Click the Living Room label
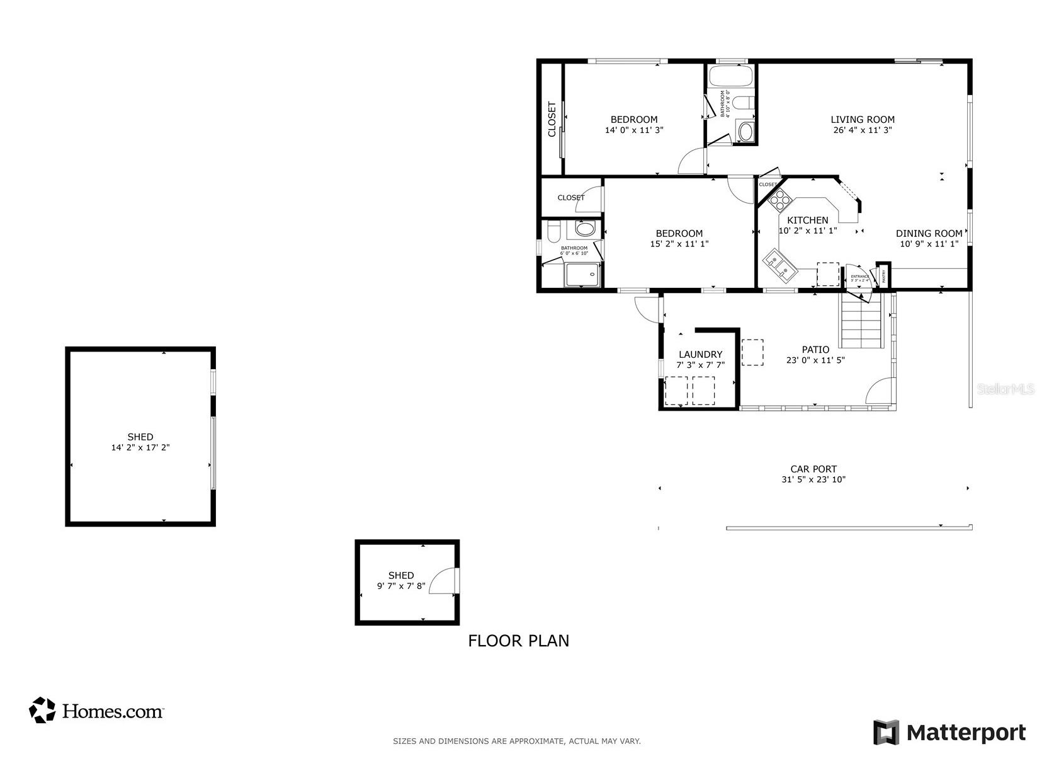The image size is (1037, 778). click(x=862, y=119)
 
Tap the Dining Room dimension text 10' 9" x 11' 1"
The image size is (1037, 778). click(x=929, y=244)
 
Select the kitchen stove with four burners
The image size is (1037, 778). click(x=779, y=200)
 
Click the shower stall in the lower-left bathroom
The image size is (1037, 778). click(x=584, y=275)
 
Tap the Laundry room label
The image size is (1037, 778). click(x=700, y=354)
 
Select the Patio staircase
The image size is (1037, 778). click(x=862, y=323)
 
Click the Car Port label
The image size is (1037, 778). click(x=813, y=469)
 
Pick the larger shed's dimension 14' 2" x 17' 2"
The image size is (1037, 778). click(x=140, y=447)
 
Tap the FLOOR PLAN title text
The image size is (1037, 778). click(x=518, y=641)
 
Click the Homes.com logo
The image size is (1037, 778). click(x=96, y=711)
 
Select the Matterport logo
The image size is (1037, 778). click(x=949, y=732)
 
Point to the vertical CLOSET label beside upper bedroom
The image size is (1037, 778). click(x=552, y=119)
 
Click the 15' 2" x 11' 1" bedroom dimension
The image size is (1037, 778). click(x=679, y=244)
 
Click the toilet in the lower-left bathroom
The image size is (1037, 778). click(x=553, y=232)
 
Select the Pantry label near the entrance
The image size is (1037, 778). click(x=884, y=275)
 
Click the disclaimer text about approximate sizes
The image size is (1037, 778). click(x=516, y=741)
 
